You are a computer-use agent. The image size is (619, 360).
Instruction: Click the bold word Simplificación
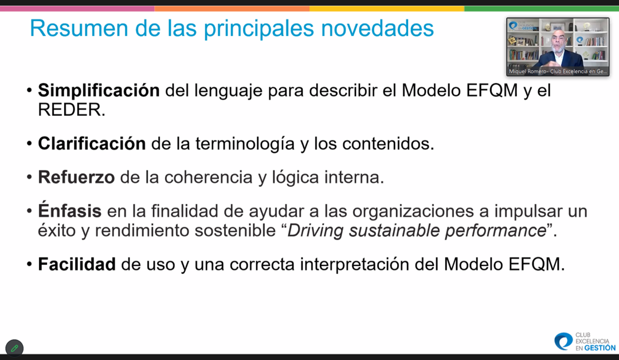click(x=99, y=91)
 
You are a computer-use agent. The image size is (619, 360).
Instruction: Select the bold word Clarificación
click(x=92, y=143)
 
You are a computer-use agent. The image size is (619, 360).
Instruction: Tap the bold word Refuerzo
click(x=76, y=177)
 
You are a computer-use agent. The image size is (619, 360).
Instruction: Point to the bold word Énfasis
click(x=69, y=210)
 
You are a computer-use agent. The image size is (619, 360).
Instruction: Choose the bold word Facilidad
click(x=77, y=264)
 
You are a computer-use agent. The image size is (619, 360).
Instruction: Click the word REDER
click(x=72, y=109)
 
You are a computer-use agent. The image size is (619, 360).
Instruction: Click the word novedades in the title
click(x=377, y=29)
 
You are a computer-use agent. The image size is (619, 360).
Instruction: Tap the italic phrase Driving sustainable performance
click(x=417, y=230)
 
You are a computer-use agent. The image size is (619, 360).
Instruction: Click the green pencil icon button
click(x=14, y=348)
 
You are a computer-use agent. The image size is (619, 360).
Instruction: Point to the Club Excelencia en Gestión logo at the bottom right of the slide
click(x=585, y=342)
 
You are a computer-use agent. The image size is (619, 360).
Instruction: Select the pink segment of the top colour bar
click(x=77, y=9)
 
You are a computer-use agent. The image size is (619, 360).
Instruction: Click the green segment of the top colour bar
click(x=542, y=9)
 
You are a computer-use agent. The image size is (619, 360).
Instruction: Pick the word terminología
click(x=245, y=144)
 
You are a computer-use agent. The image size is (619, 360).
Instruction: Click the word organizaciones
click(x=413, y=211)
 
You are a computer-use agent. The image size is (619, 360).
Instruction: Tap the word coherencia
click(x=209, y=177)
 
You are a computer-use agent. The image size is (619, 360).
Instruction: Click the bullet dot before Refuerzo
click(x=29, y=177)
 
